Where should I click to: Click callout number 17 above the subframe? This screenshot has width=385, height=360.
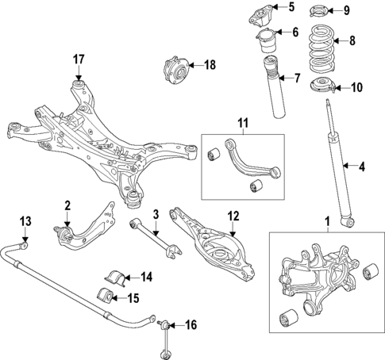point(79,59)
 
